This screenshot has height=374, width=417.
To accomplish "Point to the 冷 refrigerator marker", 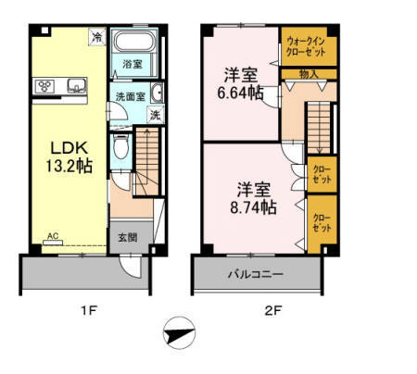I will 96,37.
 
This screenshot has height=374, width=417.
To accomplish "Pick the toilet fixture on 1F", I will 120,148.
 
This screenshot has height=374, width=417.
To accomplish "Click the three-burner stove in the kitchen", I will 46,86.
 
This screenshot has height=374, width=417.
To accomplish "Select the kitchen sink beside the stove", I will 74,86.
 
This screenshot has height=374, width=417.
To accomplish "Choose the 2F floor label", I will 272,311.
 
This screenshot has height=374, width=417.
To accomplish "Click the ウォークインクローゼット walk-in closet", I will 308,46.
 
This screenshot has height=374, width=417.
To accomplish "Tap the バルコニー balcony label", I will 257,274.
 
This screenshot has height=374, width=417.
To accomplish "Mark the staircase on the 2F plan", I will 319,125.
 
